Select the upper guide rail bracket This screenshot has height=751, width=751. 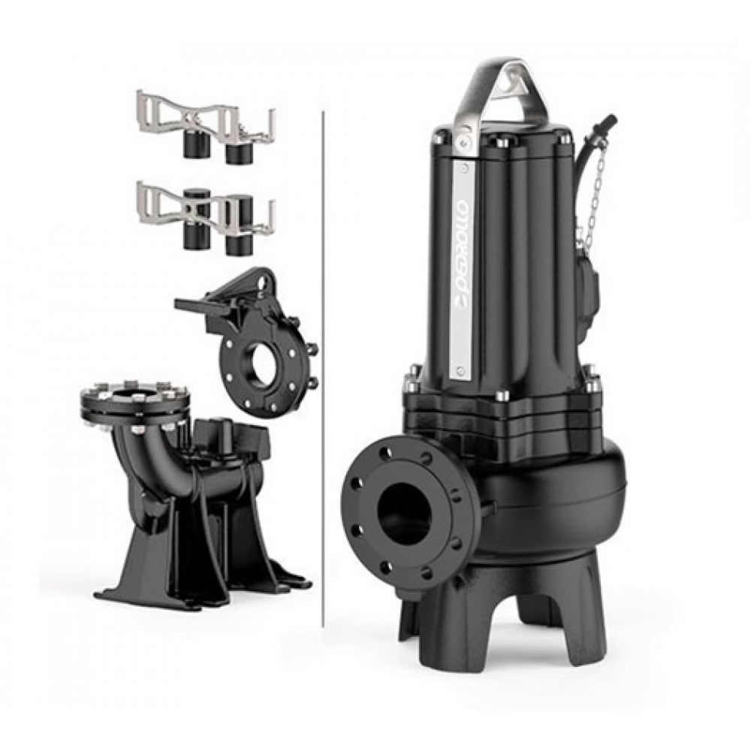pos(206,126)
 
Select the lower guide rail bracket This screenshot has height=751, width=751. pos(206,218)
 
